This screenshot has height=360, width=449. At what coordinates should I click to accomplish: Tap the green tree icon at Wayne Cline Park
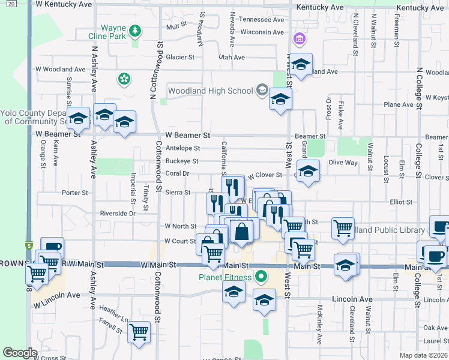click(136, 29)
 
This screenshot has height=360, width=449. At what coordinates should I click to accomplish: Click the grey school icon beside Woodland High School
click(262, 91)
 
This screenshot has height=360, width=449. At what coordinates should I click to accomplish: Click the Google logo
click(20, 353)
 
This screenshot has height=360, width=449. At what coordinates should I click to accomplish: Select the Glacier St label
click(181, 58)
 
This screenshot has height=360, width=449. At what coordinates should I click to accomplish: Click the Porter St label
click(75, 193)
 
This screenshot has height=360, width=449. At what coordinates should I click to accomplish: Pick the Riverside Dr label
click(118, 213)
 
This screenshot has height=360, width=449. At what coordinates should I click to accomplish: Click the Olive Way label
click(343, 163)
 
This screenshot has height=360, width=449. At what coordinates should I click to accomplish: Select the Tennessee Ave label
click(261, 19)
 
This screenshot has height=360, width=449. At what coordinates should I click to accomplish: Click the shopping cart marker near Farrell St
click(139, 331)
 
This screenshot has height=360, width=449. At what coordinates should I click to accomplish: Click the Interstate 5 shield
click(28, 245)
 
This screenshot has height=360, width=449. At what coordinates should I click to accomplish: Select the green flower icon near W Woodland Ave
click(124, 79)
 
